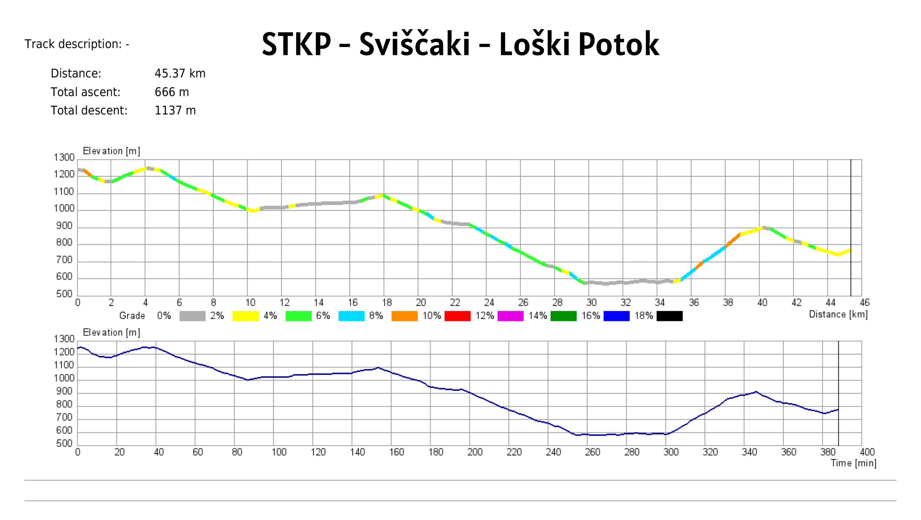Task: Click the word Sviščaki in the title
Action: click(x=414, y=44)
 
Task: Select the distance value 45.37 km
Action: click(x=180, y=73)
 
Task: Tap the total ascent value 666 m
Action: click(x=172, y=92)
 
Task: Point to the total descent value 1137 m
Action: click(x=175, y=110)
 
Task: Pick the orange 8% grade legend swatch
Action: click(x=404, y=316)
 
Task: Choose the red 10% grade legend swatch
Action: click(x=457, y=316)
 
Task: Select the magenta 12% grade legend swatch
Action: click(x=510, y=316)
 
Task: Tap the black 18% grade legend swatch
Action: click(x=669, y=316)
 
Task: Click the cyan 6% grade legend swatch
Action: click(x=351, y=316)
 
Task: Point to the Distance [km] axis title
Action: click(x=838, y=314)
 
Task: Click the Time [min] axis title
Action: click(x=853, y=463)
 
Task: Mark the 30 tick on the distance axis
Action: click(x=591, y=302)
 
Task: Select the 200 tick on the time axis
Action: click(x=475, y=452)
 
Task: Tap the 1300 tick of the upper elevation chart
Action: click(x=64, y=158)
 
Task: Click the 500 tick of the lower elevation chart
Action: click(x=64, y=443)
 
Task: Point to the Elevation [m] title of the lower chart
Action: click(x=112, y=332)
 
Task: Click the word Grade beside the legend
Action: click(x=132, y=316)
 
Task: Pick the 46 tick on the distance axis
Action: click(x=864, y=302)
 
